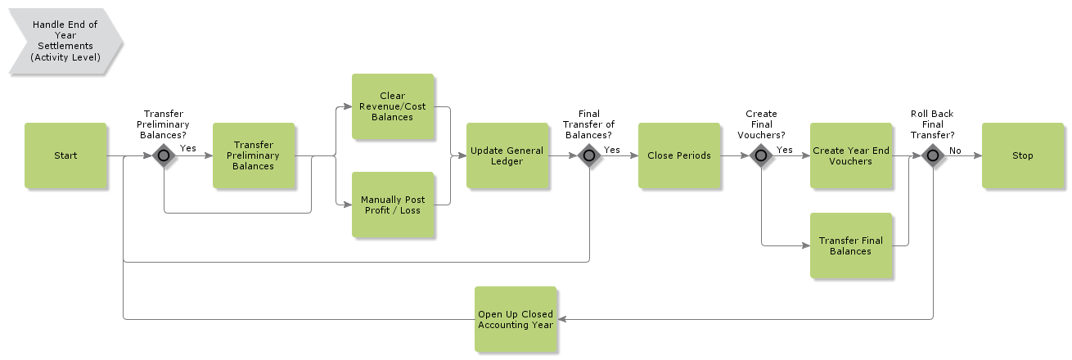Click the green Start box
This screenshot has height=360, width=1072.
tap(65, 155)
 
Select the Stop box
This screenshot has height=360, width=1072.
tap(1022, 155)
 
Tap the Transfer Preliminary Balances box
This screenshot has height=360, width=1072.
tap(254, 155)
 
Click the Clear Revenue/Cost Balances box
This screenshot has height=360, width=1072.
tap(393, 106)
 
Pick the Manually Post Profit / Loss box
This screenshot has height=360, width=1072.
tap(393, 205)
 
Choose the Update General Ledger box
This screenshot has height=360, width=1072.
tap(507, 155)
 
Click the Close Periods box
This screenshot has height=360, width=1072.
tap(679, 155)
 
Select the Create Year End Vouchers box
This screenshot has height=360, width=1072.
tap(850, 155)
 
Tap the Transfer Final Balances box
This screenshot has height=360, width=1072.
tap(850, 245)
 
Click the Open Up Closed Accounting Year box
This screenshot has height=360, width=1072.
tap(516, 319)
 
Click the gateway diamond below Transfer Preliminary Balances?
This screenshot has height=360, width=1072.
tap(164, 155)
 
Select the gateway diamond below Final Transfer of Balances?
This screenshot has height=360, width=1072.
tap(589, 155)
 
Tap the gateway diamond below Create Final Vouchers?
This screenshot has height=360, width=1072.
tap(761, 155)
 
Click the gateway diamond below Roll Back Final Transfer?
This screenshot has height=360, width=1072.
tap(933, 155)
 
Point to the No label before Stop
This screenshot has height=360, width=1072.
tap(955, 150)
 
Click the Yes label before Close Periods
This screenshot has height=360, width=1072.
tap(612, 150)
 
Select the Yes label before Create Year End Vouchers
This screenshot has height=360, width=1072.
tap(784, 150)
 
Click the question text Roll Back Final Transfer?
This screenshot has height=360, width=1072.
tap(932, 124)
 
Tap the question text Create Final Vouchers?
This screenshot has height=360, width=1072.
tap(761, 124)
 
